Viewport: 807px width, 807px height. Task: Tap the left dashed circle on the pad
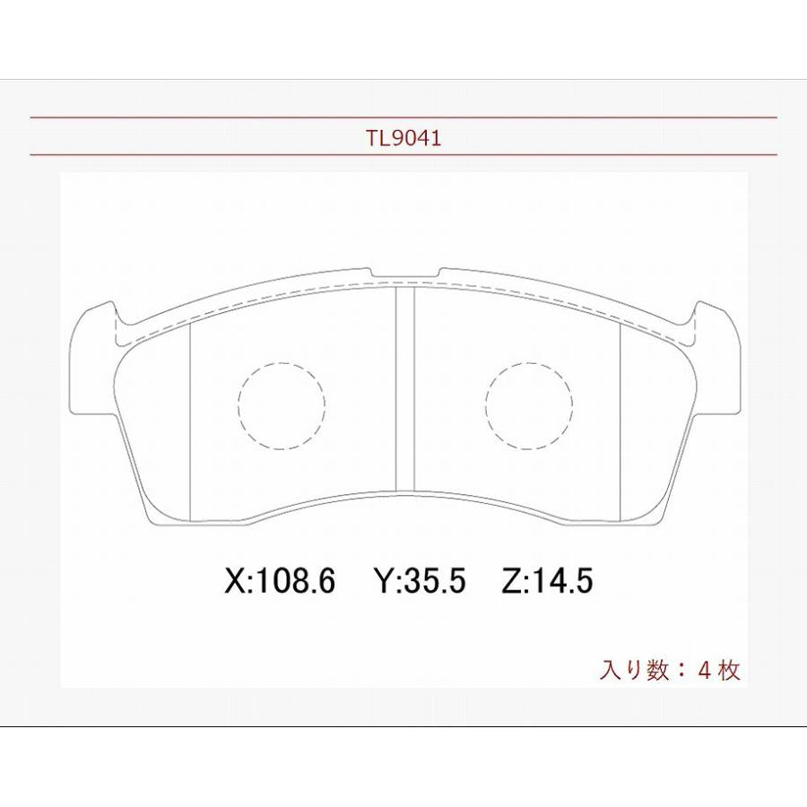(282, 405)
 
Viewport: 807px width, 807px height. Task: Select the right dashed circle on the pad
(529, 405)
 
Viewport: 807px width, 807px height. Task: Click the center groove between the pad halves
(404, 390)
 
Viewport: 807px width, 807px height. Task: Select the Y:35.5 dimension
(419, 582)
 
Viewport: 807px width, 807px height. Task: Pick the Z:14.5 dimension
(547, 582)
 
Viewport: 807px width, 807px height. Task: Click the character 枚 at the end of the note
(730, 670)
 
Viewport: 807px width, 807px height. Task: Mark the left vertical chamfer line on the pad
(192, 421)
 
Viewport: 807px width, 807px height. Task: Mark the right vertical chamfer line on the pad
(621, 421)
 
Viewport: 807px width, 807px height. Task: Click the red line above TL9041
(403, 117)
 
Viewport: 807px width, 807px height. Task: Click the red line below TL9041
(403, 155)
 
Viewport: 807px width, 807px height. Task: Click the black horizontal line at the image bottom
(403, 726)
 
